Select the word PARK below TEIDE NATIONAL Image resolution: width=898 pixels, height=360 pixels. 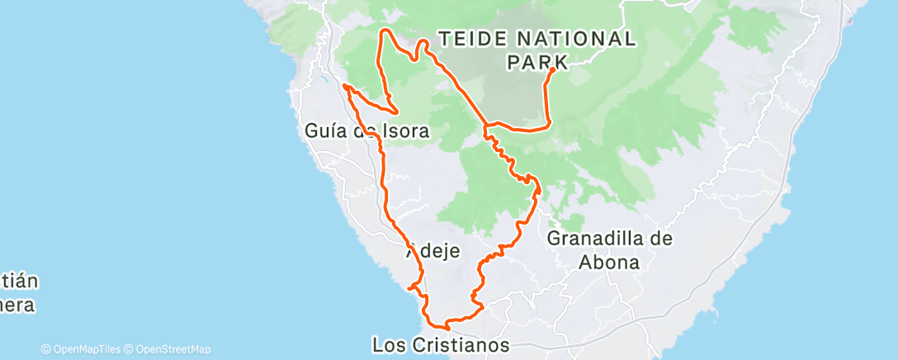(x=536, y=61)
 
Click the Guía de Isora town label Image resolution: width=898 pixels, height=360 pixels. (x=355, y=131)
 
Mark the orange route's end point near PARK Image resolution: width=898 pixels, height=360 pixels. (x=551, y=70)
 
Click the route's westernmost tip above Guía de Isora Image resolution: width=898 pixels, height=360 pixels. (x=344, y=86)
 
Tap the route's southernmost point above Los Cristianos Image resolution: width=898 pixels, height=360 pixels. (x=447, y=328)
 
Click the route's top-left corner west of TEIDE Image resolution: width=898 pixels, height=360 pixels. (x=381, y=31)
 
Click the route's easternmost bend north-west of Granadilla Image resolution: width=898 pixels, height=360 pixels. (x=538, y=188)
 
